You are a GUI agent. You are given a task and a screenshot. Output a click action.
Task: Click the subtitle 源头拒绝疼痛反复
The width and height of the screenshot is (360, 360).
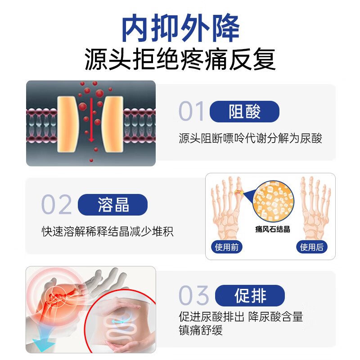click(180, 60)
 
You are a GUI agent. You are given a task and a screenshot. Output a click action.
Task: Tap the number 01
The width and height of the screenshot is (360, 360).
click(191, 112)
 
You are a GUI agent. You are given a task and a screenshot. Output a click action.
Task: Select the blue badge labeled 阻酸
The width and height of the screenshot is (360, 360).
click(244, 112)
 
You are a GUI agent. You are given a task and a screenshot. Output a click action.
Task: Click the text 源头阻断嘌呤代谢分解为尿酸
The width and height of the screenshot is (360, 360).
click(250, 138)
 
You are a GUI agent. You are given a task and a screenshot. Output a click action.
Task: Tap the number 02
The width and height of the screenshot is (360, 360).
click(57, 205)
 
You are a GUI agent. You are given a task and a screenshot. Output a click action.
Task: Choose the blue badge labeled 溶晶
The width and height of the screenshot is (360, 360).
click(112, 205)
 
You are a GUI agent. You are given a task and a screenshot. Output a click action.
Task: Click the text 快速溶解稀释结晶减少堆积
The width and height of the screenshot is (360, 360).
click(108, 232)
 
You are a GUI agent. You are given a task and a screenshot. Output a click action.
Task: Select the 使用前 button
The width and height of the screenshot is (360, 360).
click(226, 247)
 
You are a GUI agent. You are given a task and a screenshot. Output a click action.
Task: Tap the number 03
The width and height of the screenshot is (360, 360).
click(193, 296)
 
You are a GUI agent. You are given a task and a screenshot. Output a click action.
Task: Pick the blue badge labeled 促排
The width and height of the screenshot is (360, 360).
click(250, 296)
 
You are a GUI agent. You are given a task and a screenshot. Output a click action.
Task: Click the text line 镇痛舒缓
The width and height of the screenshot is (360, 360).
click(201, 331)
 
